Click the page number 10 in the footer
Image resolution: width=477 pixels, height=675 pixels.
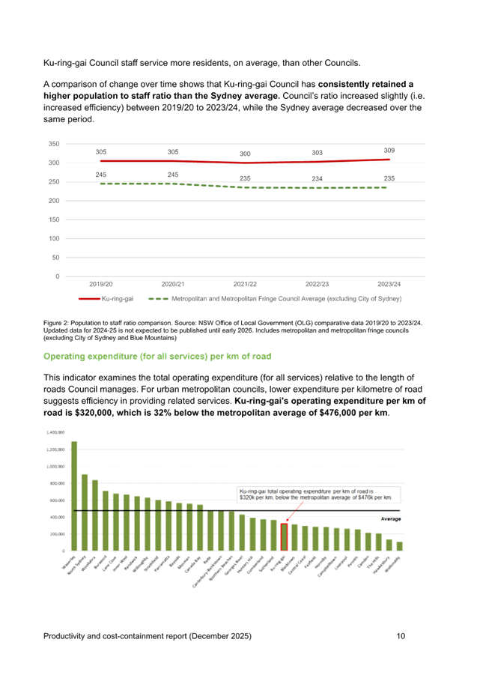tap(401, 636)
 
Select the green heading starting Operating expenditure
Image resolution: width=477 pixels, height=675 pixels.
tap(157, 356)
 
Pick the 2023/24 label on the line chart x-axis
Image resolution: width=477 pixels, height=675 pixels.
tap(389, 284)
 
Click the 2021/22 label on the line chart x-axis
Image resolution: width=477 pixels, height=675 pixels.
tap(245, 284)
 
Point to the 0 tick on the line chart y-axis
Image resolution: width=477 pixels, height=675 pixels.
tap(58, 276)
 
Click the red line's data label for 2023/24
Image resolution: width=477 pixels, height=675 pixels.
tap(389, 151)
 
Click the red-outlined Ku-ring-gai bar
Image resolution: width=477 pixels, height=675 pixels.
tap(284, 536)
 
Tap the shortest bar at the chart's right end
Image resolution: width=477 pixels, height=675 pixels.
tap(399, 546)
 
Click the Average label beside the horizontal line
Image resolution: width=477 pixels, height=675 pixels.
tap(392, 518)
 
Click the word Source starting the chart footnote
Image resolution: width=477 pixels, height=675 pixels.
tap(52, 322)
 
